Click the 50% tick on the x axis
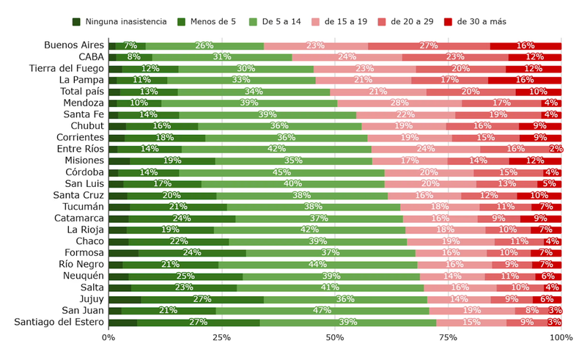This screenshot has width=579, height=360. tap(335, 337)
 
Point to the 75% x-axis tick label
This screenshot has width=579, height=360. tap(448, 337)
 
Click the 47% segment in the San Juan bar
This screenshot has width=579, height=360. tap(322, 310)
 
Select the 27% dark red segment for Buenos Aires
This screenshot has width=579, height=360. tap(429, 45)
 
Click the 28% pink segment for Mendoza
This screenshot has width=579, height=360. tap(399, 103)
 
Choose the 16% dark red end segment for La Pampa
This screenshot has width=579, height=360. tap(525, 80)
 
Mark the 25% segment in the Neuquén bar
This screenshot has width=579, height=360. tap(185, 276)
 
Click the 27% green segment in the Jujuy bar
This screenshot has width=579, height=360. tap(202, 299)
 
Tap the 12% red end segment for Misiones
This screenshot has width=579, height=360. tap(535, 161)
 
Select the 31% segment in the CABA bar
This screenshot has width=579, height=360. tap(222, 57)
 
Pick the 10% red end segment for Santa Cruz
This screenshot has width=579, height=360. tap(539, 195)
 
